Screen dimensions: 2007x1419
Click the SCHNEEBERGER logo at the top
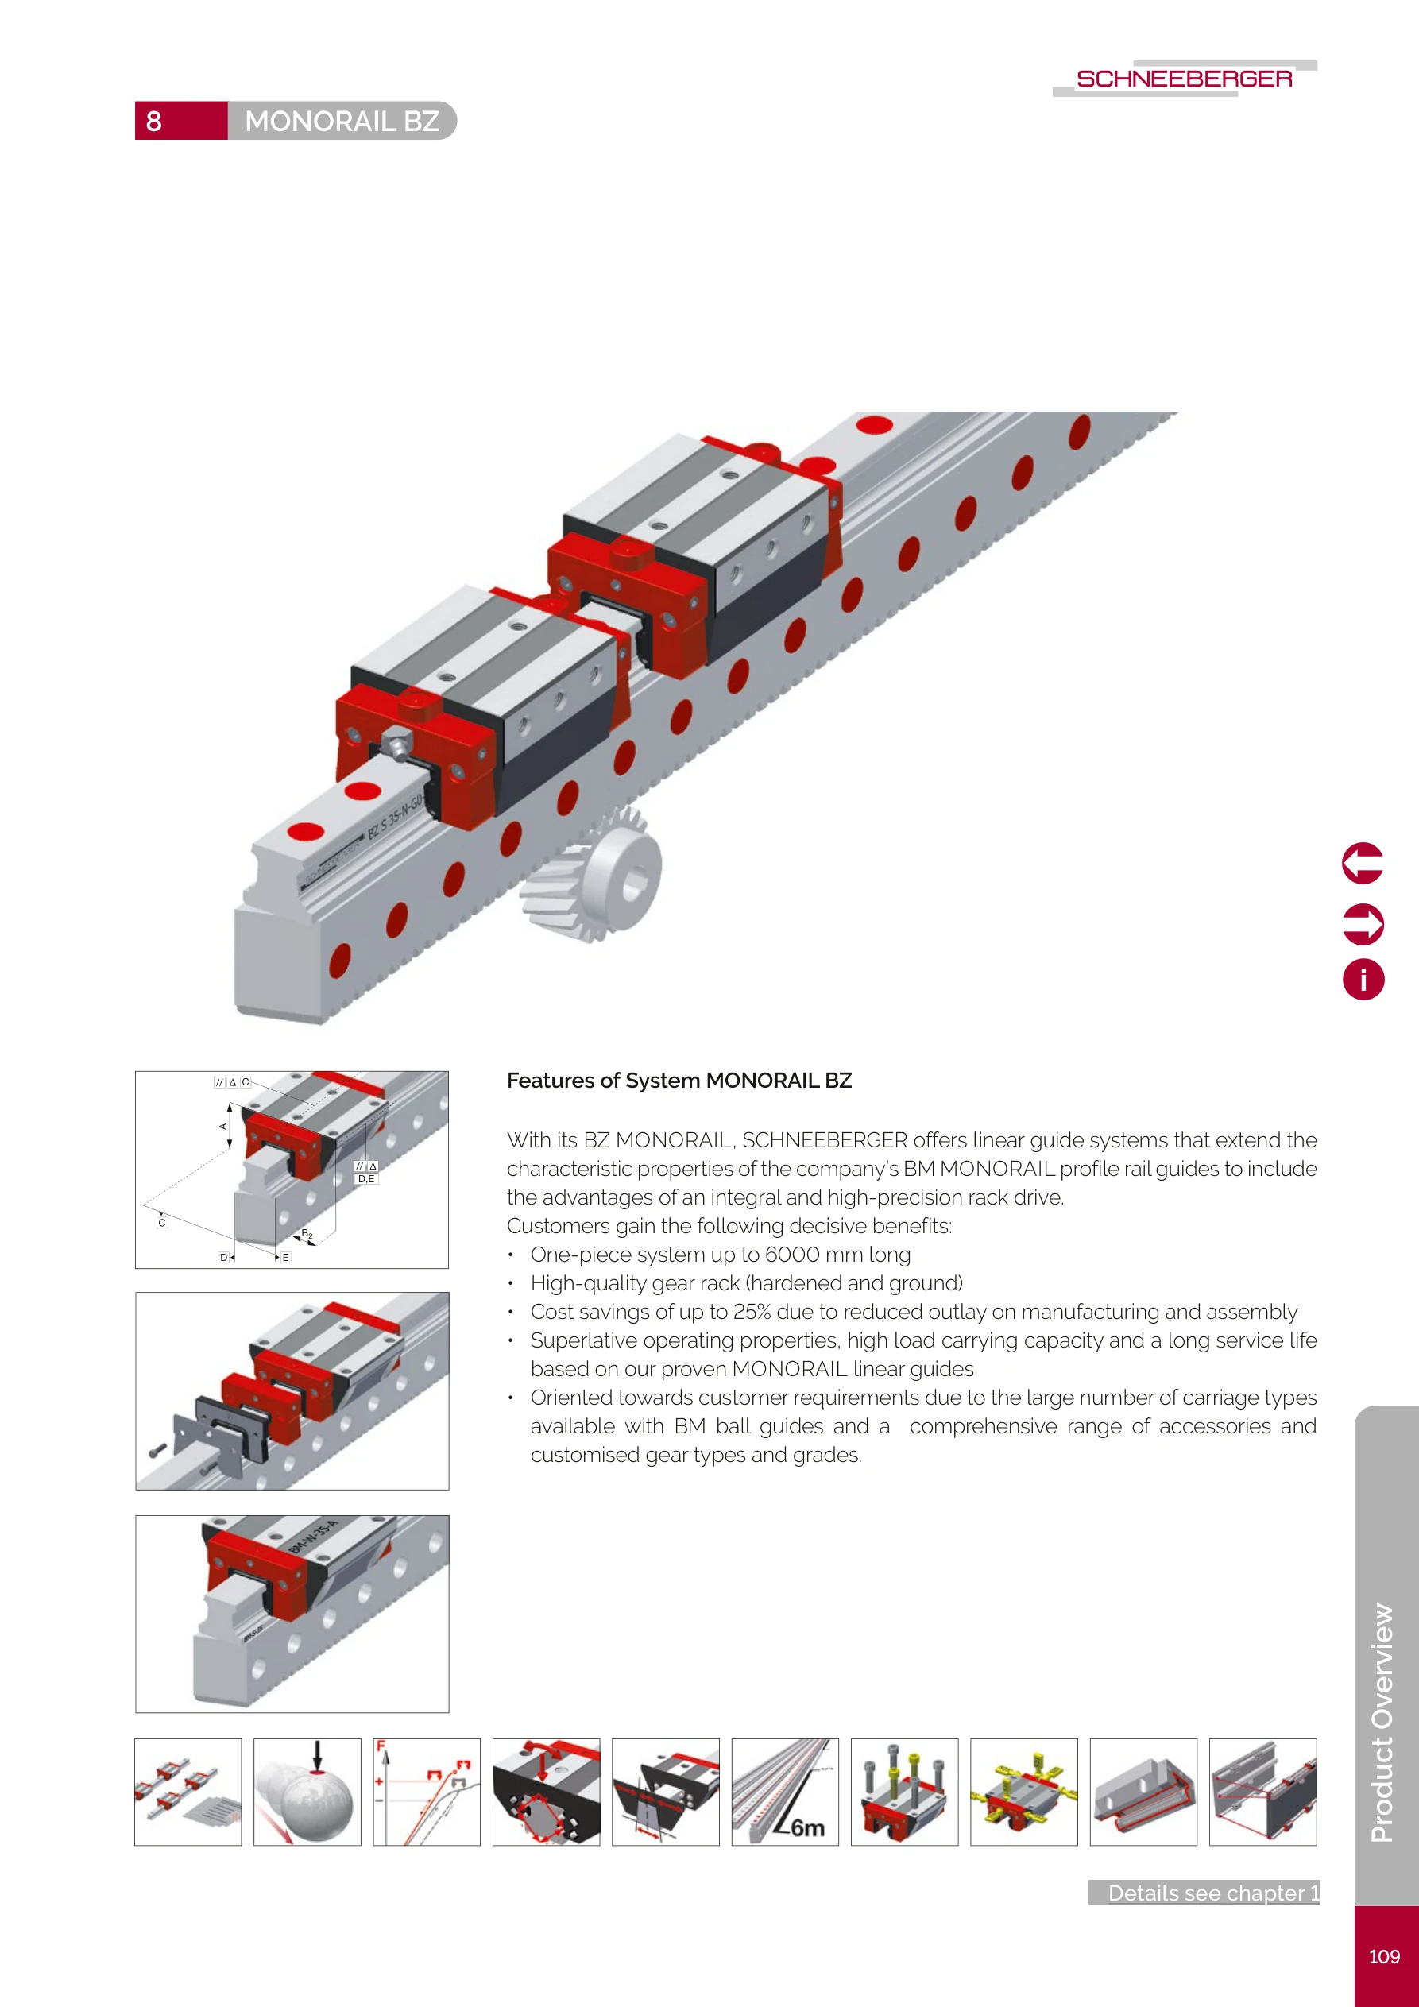[x=1184, y=79]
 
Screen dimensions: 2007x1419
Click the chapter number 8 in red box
[x=155, y=121]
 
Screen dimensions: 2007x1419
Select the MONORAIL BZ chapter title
[x=342, y=121]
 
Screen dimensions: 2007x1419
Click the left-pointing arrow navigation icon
[x=1362, y=864]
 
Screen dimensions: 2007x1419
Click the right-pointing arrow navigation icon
[x=1362, y=923]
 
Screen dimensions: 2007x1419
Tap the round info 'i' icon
[x=1362, y=979]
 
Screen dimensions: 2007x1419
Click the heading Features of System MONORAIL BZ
[x=679, y=1081]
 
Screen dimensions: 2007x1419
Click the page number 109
[x=1384, y=1956]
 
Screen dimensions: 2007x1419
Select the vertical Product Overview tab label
[x=1382, y=1722]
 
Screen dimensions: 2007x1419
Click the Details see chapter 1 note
[x=1211, y=1893]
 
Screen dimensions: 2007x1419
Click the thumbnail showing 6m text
[x=784, y=1792]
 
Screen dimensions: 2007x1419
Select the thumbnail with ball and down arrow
[x=307, y=1792]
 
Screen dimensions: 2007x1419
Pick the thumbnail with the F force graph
[x=426, y=1792]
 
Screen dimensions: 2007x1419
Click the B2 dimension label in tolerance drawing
[x=307, y=1234]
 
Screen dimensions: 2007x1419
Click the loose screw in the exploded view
[x=157, y=1450]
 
